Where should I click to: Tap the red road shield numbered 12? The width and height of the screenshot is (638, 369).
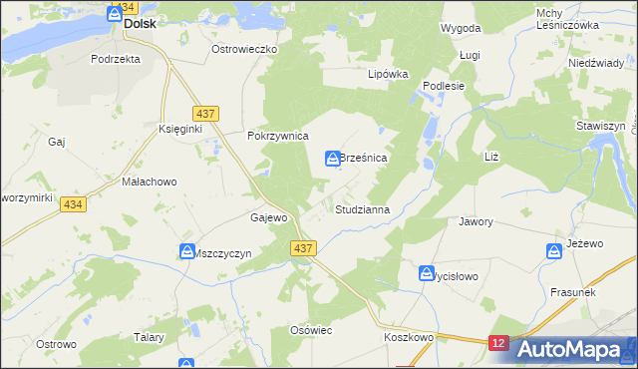499,343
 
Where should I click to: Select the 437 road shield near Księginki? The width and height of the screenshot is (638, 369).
205,115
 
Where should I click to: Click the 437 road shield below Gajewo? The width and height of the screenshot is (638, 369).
305,247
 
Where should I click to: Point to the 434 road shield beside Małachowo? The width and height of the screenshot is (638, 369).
71,203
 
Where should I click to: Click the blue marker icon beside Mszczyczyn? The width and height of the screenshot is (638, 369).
186,252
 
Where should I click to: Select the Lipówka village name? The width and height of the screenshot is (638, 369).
389,74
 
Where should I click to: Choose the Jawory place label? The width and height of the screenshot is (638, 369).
476,221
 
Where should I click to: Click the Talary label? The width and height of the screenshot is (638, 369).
149,337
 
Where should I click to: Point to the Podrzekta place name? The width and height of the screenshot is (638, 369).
116,59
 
